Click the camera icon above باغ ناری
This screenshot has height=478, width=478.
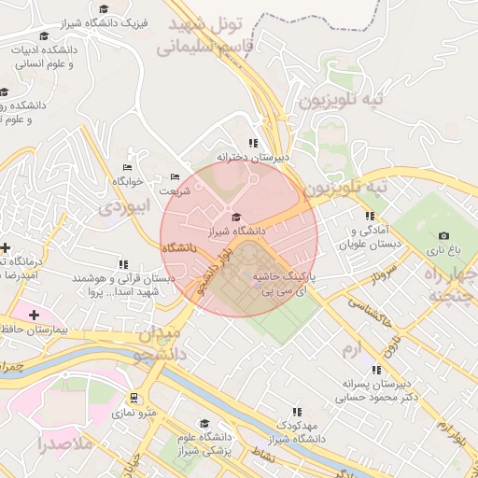click(443, 236)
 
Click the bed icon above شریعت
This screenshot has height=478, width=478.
click(175, 177)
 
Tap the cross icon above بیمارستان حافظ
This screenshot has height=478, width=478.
click(35, 316)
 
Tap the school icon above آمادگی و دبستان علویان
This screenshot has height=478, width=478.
click(370, 216)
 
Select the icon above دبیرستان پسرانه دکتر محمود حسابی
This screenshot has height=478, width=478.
click(376, 370)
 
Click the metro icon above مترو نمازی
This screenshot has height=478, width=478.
click(134, 398)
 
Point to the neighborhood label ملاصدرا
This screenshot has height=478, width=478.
click(61, 443)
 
